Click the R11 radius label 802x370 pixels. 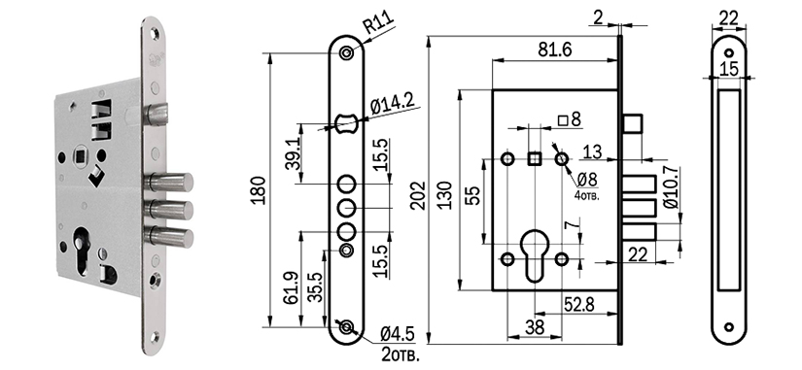point(379,23)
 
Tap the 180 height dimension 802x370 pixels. point(260,190)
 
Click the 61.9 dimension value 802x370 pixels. point(291,288)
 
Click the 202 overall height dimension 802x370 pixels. point(419,194)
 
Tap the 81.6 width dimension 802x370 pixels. point(554,50)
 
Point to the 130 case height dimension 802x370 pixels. point(445,195)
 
